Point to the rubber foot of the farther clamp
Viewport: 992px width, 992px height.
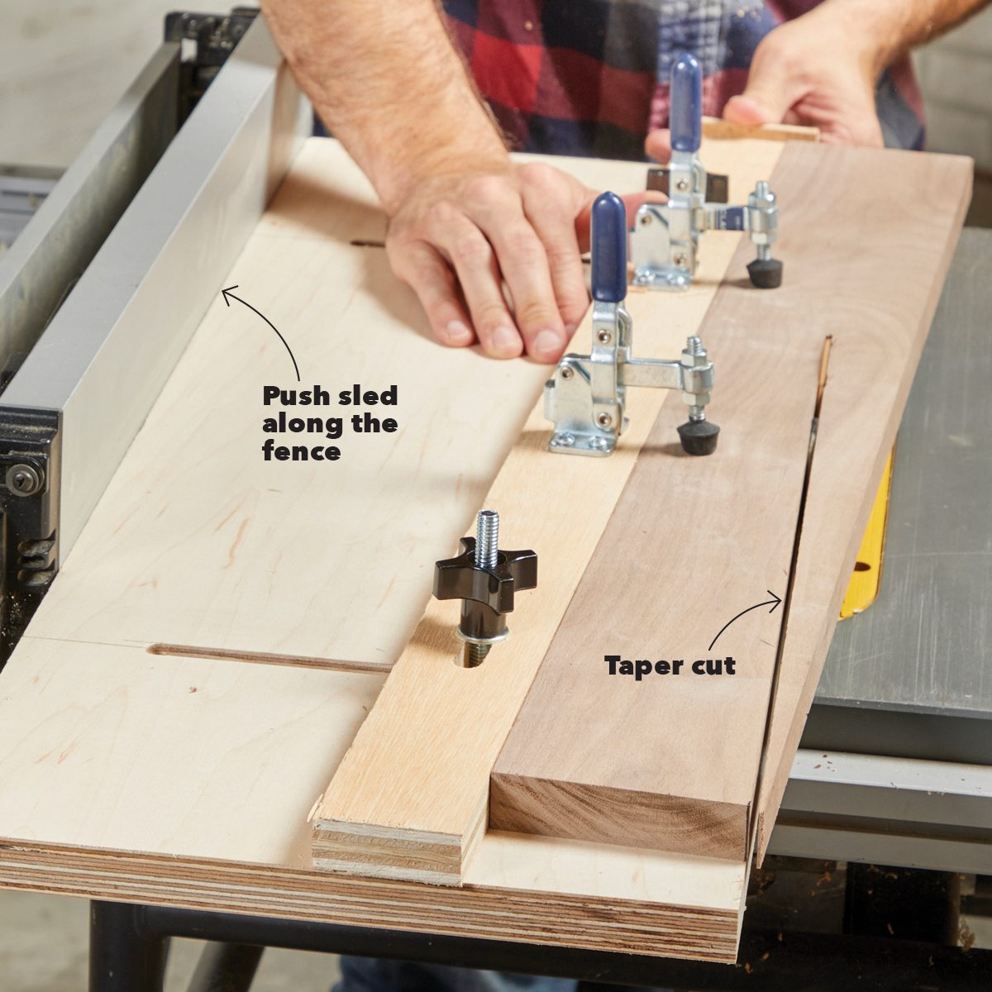click(x=765, y=271)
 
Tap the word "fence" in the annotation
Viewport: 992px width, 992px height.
click(x=302, y=451)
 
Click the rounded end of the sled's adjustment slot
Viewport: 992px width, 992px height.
click(x=155, y=651)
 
